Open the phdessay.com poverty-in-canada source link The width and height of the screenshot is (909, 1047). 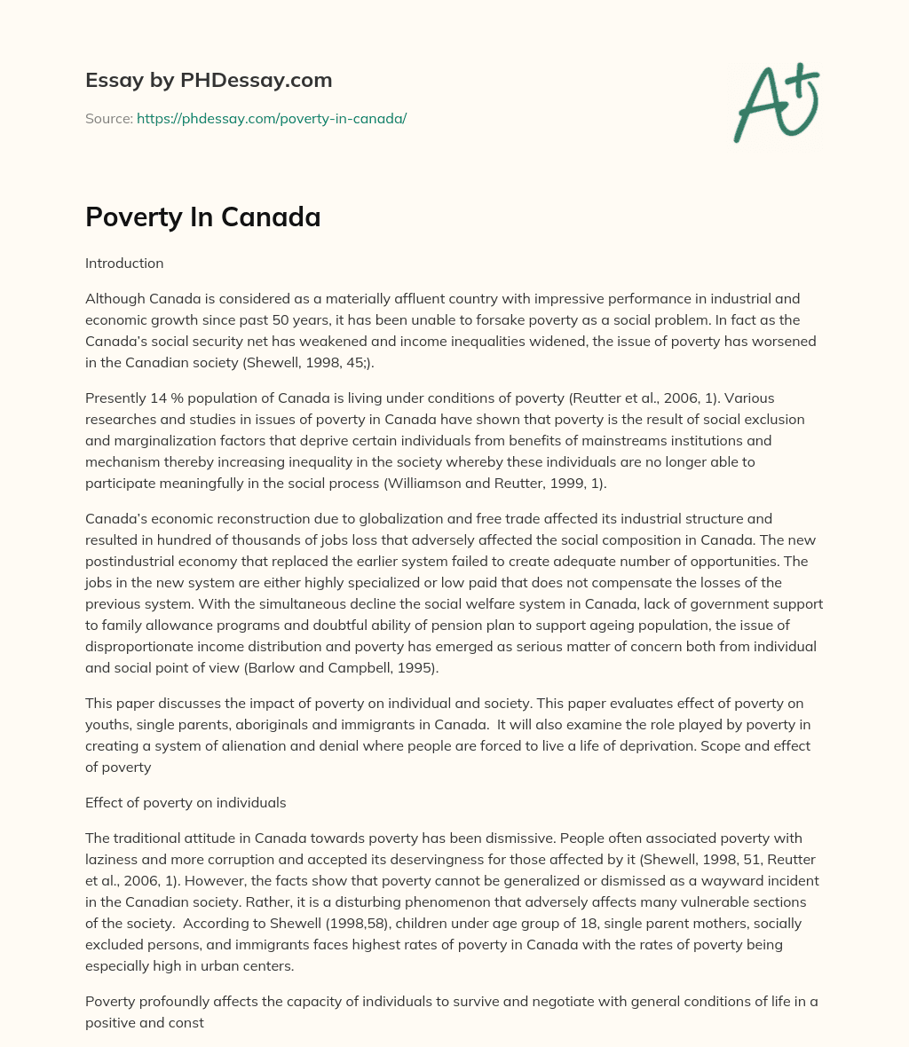point(272,118)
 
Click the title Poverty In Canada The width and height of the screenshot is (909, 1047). point(202,216)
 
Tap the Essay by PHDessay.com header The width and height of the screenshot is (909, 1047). point(209,80)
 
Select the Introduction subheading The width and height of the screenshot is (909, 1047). point(124,263)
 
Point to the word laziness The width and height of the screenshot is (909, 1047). point(114,859)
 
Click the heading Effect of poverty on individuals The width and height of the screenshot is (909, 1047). point(186,802)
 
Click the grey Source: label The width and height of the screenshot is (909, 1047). point(108,118)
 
